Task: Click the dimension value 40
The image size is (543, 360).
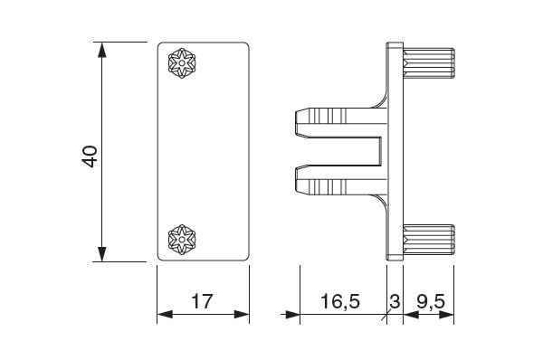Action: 90,156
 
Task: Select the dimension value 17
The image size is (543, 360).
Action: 201,301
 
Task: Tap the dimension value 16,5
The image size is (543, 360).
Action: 340,301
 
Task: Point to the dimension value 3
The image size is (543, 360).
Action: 395,301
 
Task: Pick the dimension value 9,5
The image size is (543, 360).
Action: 431,302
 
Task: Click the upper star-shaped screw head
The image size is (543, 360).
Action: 182,63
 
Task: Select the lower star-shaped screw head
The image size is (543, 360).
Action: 182,240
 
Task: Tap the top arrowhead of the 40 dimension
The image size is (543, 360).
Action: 101,50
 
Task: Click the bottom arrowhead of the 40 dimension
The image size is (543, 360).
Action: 101,254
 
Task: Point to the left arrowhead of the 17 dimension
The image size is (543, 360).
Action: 165,314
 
